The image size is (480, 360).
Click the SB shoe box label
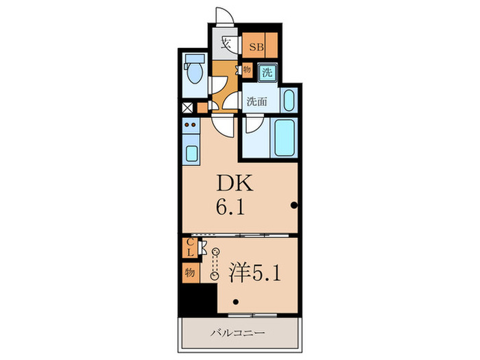(256, 47)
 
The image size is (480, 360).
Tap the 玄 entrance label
(225, 45)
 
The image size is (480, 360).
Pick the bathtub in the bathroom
(283, 138)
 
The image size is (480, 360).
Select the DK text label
(236, 184)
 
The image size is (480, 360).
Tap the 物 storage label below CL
(189, 272)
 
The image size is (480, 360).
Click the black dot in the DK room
(293, 205)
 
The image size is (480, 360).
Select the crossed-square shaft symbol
(187, 107)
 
